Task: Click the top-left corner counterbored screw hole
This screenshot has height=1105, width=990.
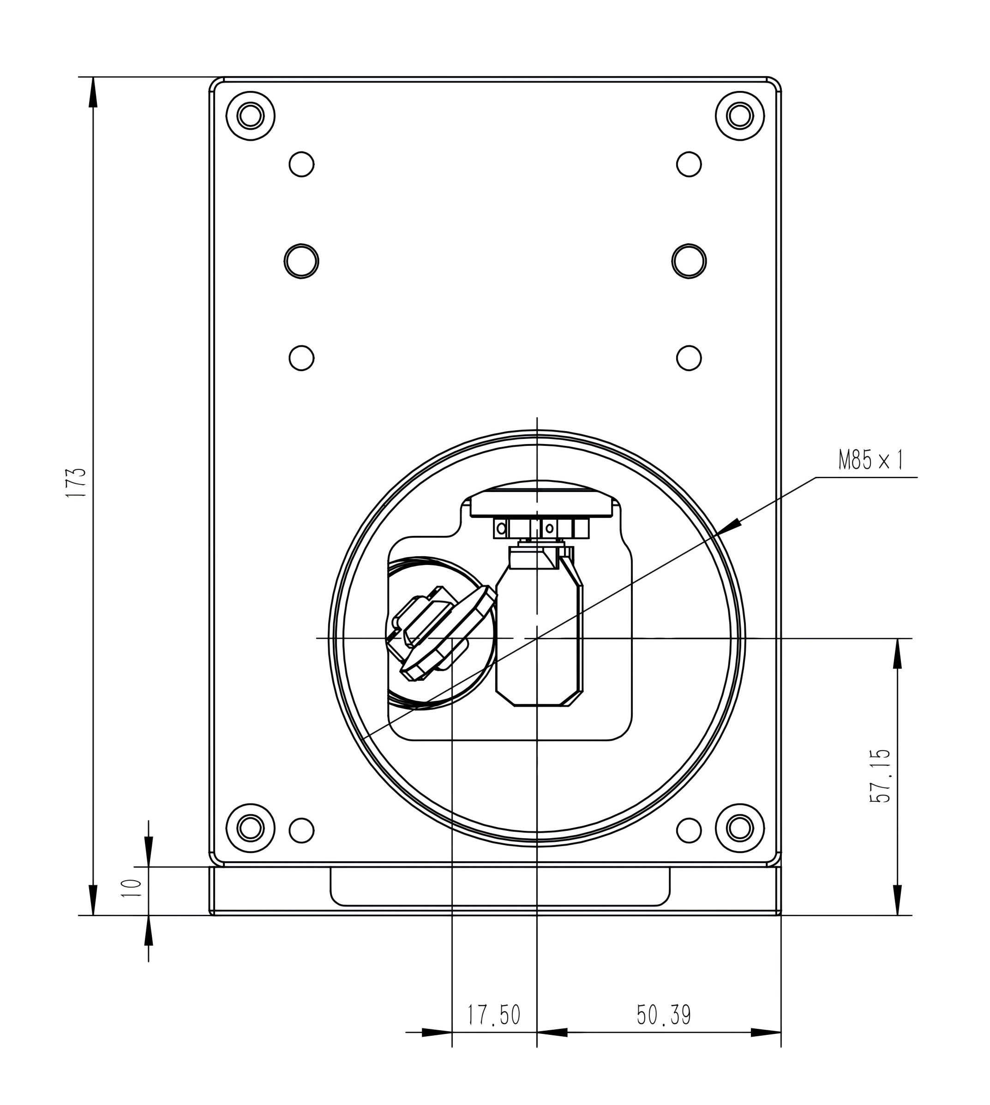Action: tap(251, 116)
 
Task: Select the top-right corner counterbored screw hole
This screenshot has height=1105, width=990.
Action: tap(740, 116)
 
